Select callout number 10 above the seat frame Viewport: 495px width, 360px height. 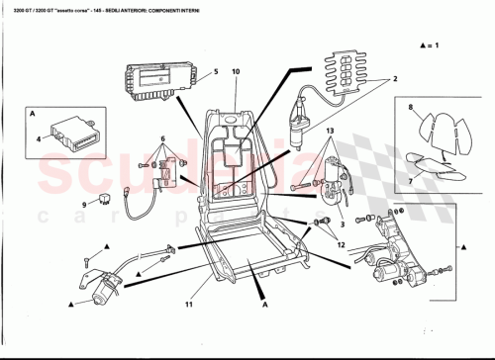(236, 72)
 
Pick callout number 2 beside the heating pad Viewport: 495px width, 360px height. (395, 79)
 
